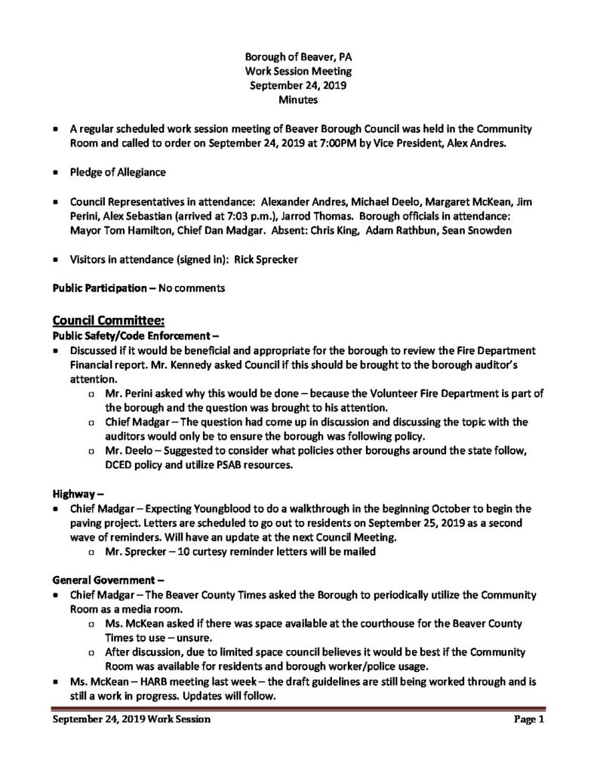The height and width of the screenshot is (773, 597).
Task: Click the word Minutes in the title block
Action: [x=297, y=99]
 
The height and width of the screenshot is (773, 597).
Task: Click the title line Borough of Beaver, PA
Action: [x=297, y=57]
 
